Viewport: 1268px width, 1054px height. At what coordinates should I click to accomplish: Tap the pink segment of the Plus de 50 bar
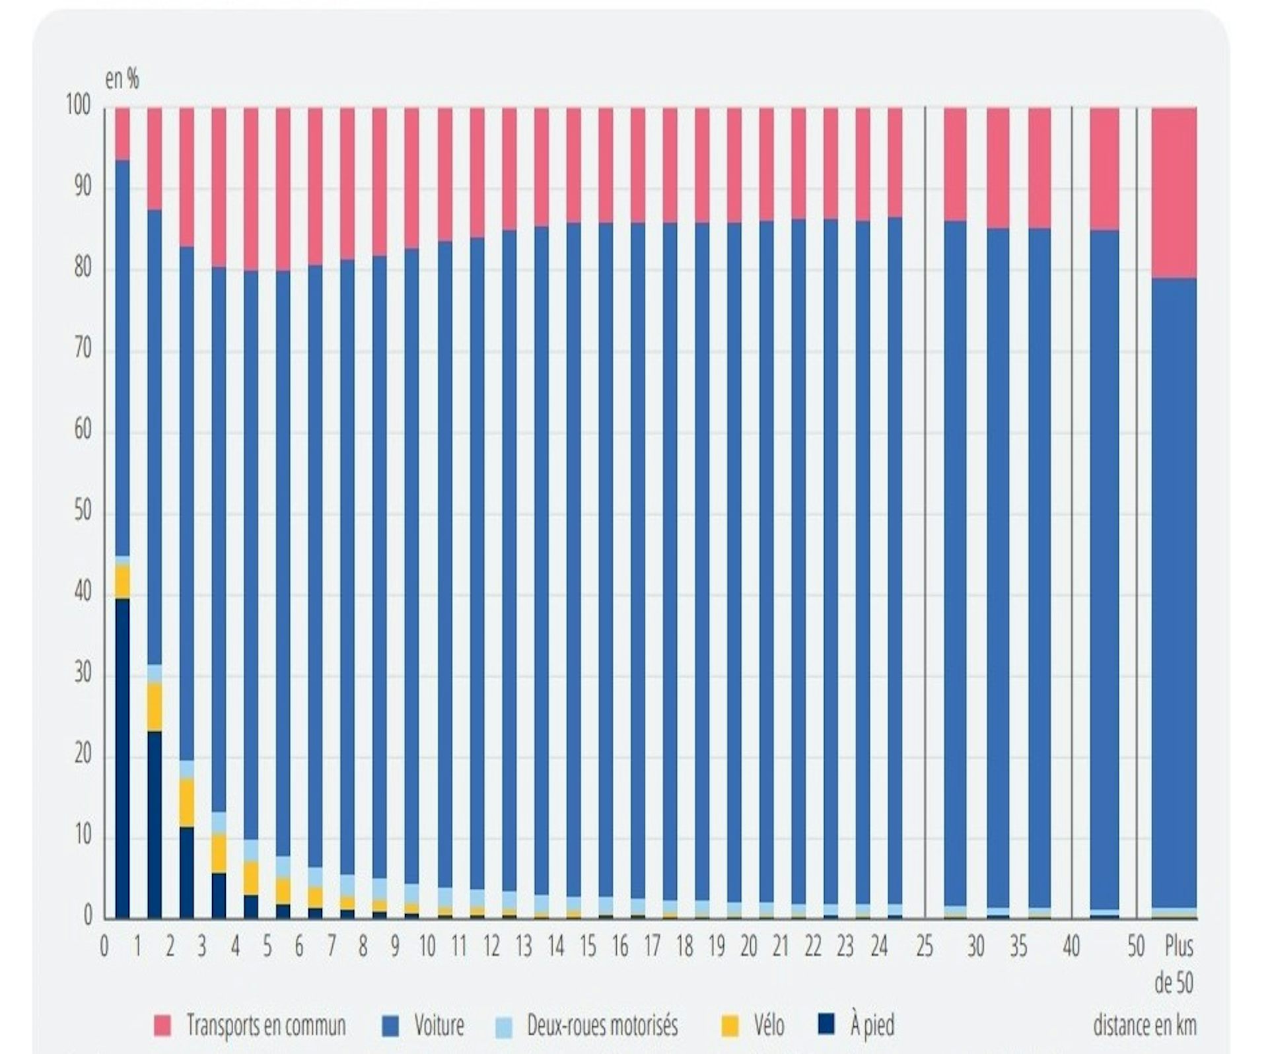tap(1174, 192)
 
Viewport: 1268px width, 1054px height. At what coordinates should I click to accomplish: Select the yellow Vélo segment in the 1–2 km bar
tap(155, 707)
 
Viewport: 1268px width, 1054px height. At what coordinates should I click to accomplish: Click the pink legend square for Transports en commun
tap(162, 1025)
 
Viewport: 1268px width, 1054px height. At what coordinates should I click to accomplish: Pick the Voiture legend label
tap(439, 1025)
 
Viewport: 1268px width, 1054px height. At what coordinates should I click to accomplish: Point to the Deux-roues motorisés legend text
tap(602, 1025)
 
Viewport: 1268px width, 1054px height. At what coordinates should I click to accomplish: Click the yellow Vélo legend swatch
tap(730, 1025)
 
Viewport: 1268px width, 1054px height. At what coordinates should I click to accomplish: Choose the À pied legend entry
tap(872, 1025)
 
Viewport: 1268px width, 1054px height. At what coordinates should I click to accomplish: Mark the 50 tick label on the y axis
tap(83, 512)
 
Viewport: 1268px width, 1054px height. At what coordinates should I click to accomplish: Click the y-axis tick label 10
tap(83, 836)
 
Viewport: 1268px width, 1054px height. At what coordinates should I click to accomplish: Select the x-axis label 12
tap(491, 947)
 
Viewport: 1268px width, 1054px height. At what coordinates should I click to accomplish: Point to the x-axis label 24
tap(878, 947)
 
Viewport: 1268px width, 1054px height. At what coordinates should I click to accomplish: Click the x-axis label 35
tap(1018, 947)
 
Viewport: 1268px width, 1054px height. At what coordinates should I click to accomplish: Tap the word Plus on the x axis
tap(1179, 947)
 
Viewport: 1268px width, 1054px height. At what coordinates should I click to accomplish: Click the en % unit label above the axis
tap(122, 80)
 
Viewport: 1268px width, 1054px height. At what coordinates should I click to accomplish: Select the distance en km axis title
tap(1145, 1025)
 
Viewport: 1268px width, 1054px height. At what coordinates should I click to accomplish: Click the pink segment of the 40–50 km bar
tap(1104, 168)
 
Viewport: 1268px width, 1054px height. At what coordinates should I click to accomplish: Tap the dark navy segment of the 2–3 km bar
tap(186, 872)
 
